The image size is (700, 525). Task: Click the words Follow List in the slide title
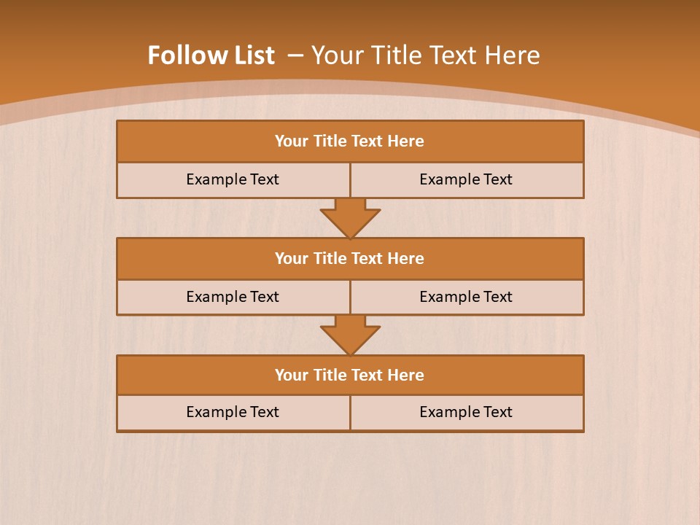pos(211,55)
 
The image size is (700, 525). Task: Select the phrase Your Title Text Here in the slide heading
pos(425,55)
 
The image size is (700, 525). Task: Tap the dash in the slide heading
pos(296,55)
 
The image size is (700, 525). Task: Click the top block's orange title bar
pos(350,141)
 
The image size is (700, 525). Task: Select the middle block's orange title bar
pos(350,258)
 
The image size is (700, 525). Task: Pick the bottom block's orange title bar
pos(350,375)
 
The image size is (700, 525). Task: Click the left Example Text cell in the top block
pos(233,179)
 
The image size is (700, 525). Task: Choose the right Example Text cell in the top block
pos(467,179)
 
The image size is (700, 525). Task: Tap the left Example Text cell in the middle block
pos(233,297)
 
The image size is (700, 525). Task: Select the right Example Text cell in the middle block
pos(467,297)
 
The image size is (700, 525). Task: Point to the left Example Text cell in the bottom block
pos(233,412)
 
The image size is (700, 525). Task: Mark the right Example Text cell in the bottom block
pos(467,412)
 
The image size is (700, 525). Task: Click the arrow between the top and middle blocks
pos(350,217)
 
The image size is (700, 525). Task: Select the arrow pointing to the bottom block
pos(350,335)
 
